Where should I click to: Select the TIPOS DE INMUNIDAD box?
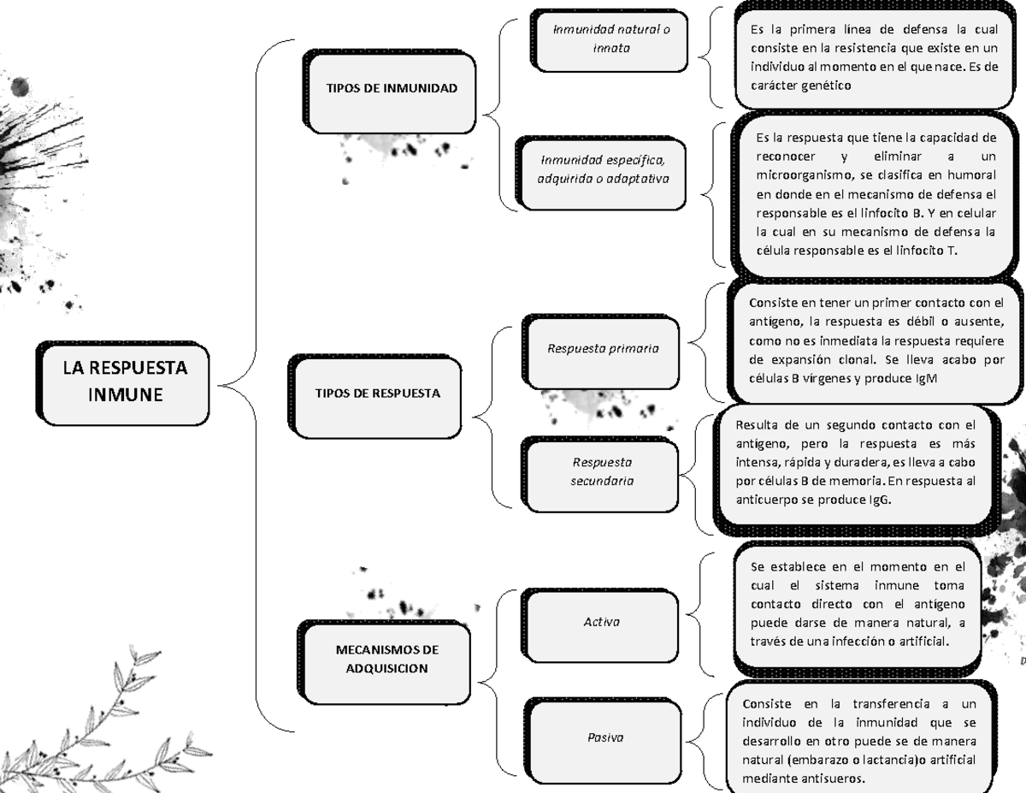391,88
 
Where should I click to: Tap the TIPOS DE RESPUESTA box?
378,394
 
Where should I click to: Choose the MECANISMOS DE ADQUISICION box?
386,659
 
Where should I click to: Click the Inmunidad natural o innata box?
611,39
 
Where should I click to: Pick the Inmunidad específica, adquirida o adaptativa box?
603,169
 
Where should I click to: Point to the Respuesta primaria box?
603,349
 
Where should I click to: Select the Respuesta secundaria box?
602,471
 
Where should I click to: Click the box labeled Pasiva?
604,737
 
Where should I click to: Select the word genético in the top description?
823,85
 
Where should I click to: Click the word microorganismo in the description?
798,175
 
